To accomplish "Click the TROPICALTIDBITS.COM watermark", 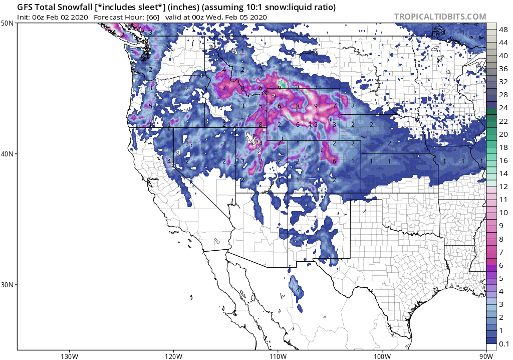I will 440,17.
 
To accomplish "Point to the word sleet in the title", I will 131,8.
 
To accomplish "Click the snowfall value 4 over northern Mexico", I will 298,290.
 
